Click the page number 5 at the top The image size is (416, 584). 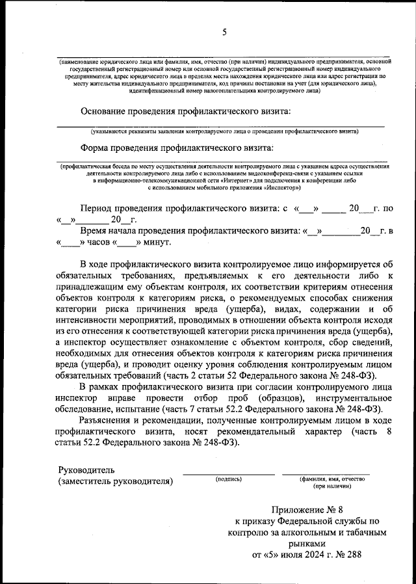click(x=224, y=32)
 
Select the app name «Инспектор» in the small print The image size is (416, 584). click(x=281, y=187)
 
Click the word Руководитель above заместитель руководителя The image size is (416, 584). click(x=86, y=470)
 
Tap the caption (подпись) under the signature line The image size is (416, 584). click(x=228, y=479)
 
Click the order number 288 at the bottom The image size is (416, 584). click(x=351, y=555)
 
